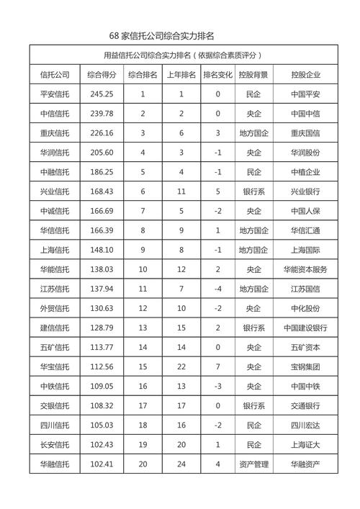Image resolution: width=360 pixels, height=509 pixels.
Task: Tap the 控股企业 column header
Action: [x=305, y=74]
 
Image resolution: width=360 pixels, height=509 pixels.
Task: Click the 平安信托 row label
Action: [x=55, y=94]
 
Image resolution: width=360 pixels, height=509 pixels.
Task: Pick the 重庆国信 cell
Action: [x=305, y=132]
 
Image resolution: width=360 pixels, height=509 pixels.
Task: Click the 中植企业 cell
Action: [x=305, y=171]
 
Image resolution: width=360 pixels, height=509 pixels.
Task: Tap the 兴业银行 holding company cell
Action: [x=305, y=191]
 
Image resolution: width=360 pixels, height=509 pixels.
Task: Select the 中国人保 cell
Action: [x=305, y=210]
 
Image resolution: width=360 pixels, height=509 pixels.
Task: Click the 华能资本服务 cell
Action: [x=305, y=269]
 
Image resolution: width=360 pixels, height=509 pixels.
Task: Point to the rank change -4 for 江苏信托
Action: [x=217, y=288]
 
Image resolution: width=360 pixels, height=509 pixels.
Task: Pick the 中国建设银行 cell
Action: [x=305, y=327]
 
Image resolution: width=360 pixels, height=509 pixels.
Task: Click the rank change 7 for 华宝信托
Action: [x=217, y=366]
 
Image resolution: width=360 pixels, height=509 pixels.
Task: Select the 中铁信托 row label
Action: [x=55, y=385]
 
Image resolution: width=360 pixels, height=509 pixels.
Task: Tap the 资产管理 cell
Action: [x=253, y=463]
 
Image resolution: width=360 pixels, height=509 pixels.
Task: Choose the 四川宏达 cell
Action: [x=305, y=424]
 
